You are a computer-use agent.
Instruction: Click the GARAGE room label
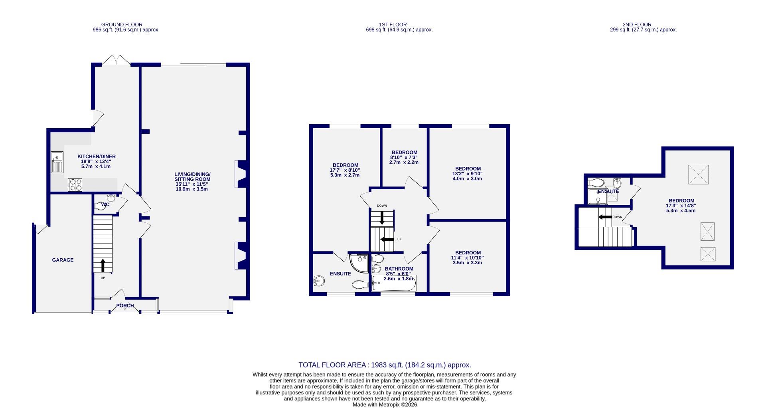pyautogui.click(x=63, y=260)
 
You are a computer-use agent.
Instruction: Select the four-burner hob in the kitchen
pyautogui.click(x=75, y=185)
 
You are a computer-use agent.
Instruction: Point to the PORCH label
pyautogui.click(x=125, y=306)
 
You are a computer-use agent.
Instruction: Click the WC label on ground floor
pyautogui.click(x=105, y=204)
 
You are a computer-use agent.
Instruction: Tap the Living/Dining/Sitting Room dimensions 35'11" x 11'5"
pyautogui.click(x=192, y=184)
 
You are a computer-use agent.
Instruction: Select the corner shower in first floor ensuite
pyautogui.click(x=359, y=263)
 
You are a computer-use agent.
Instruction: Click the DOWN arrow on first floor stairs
pyautogui.click(x=382, y=218)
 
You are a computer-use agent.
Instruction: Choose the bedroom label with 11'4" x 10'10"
pyautogui.click(x=468, y=253)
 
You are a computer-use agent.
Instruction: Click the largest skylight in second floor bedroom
pyautogui.click(x=699, y=174)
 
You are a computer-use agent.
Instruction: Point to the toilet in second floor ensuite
pyautogui.click(x=596, y=183)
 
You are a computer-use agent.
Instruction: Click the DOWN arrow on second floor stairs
pyautogui.click(x=605, y=217)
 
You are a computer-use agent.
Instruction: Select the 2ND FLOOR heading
pyautogui.click(x=637, y=24)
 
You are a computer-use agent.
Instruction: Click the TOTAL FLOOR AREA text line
pyautogui.click(x=385, y=365)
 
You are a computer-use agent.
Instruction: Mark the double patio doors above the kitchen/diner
pyautogui.click(x=115, y=61)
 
